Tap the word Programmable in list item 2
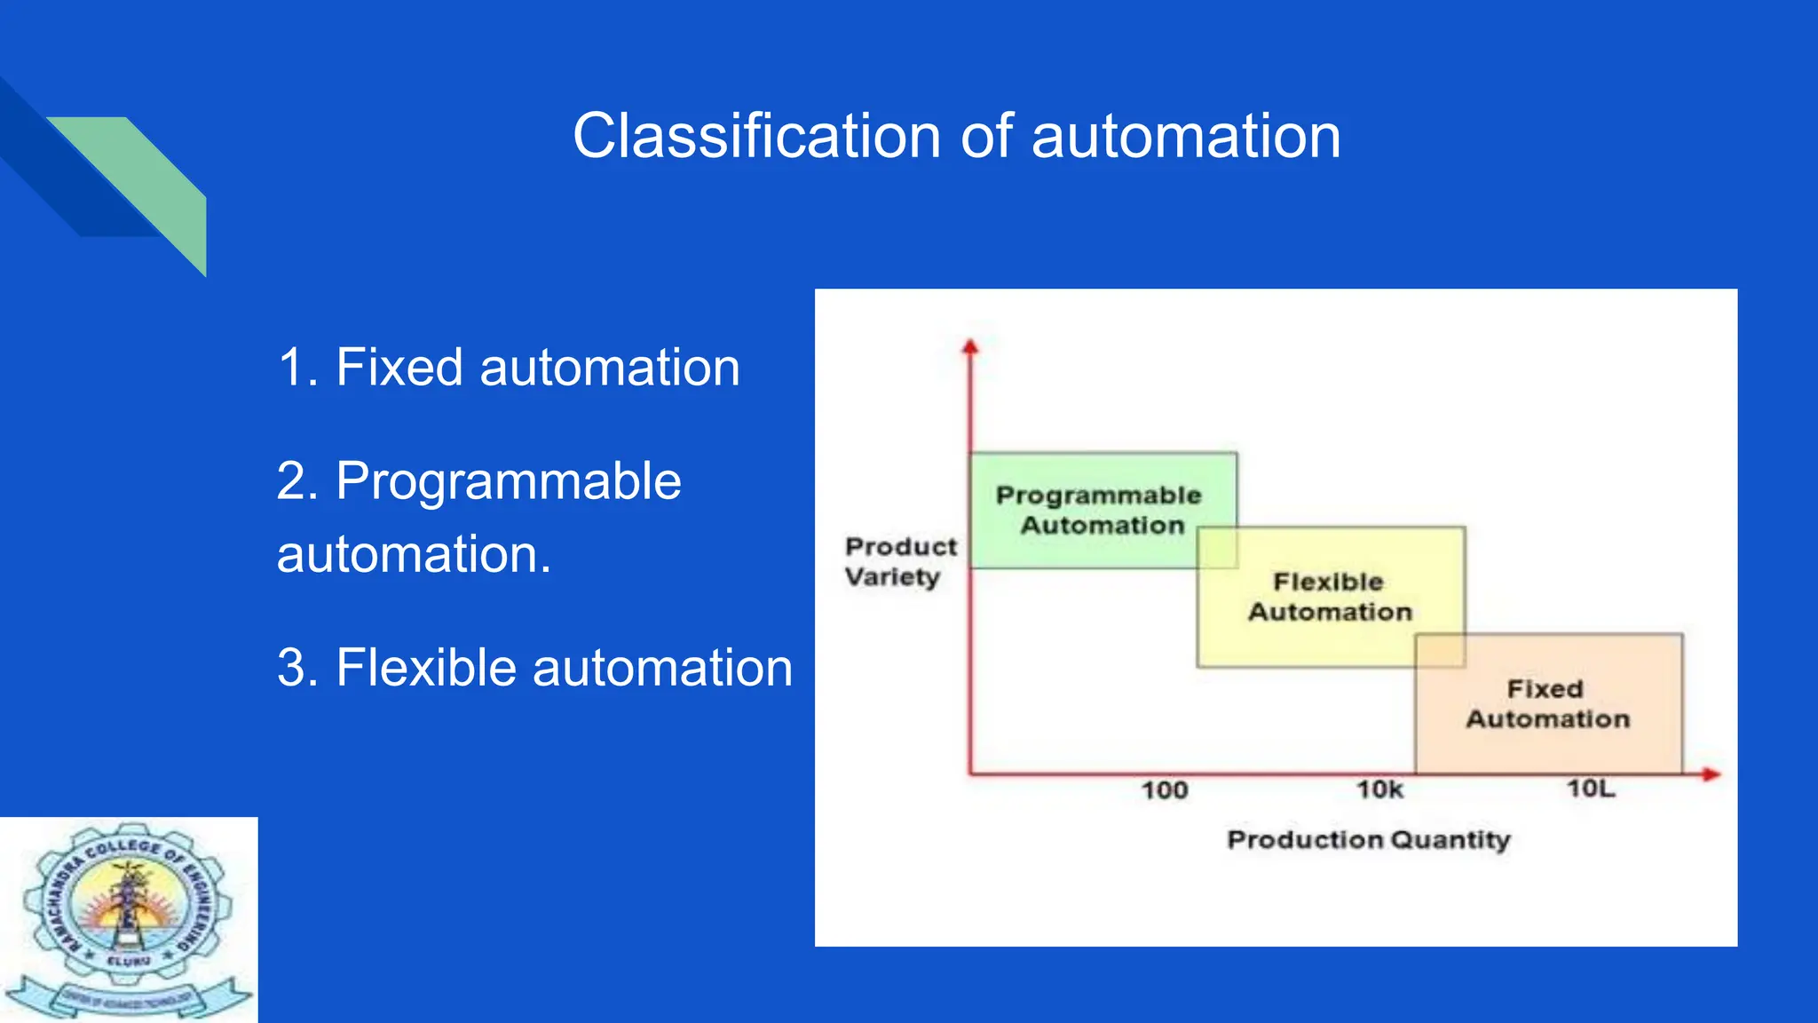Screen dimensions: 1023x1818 508,481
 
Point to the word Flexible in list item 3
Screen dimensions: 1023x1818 425,668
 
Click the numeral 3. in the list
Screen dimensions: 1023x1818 297,668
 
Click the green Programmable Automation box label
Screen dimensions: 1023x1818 1099,510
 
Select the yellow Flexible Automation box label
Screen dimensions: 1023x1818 1329,597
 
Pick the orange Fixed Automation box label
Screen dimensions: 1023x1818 1546,703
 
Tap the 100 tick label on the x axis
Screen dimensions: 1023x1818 1164,790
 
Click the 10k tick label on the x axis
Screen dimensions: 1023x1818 1379,789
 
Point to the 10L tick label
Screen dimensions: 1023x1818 1591,789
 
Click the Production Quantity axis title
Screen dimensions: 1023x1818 1368,840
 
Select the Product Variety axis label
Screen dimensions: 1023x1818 899,561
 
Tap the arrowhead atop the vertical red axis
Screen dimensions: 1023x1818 970,347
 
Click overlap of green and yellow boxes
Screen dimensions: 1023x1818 1217,547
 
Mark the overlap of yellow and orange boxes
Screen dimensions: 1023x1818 1439,650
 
